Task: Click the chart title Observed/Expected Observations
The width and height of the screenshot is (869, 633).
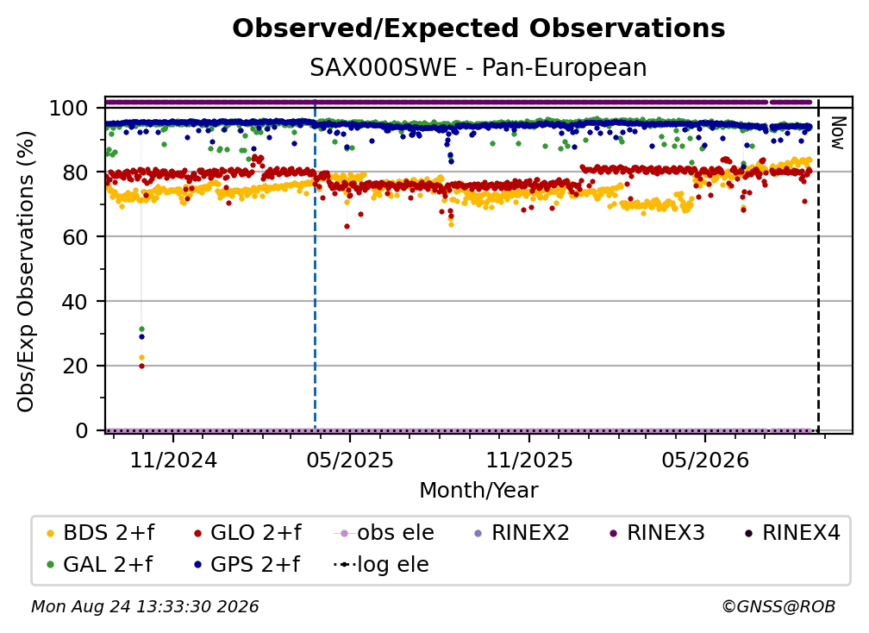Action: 478,28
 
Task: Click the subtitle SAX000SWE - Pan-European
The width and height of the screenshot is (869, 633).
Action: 478,68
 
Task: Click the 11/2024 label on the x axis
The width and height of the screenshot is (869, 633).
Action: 173,461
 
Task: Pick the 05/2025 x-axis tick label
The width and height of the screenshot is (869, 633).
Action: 350,461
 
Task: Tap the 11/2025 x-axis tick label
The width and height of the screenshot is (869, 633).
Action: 529,461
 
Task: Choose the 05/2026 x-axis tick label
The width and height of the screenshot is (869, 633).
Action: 705,461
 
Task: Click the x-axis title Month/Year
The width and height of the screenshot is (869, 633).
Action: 478,491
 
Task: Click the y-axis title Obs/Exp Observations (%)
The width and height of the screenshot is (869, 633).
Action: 26,271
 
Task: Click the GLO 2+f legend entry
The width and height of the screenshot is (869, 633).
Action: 247,533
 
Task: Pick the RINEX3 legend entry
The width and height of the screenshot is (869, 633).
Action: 657,533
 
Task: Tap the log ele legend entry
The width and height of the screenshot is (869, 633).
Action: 381,565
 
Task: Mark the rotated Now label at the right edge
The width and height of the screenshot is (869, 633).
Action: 837,133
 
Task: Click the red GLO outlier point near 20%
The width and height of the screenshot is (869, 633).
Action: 141,366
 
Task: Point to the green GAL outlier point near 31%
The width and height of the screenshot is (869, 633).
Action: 141,329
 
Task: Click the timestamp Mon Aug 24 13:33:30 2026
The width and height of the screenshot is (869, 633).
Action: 145,607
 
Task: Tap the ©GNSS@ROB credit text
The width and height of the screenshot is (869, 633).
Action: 778,607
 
